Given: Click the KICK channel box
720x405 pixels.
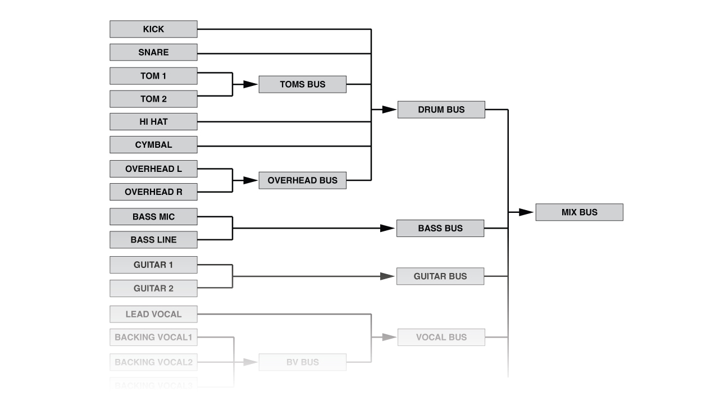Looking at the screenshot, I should [x=153, y=29].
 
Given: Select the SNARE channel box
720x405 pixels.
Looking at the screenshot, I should [x=153, y=52].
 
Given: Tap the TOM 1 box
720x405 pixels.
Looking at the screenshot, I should [x=153, y=76].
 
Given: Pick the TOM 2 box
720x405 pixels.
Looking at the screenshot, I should [x=153, y=99].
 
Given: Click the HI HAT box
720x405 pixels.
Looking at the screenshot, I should [x=153, y=121].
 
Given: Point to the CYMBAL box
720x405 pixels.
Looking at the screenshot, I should [x=153, y=144].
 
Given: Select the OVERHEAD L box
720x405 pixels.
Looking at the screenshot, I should [x=153, y=169].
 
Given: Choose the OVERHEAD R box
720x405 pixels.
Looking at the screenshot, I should [x=153, y=192].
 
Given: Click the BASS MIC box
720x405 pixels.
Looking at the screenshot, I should [x=153, y=216].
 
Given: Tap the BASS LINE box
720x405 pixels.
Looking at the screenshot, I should [x=153, y=239].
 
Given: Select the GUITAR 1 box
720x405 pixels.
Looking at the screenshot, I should [x=153, y=265].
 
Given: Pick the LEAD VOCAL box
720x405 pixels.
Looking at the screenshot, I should [x=153, y=314].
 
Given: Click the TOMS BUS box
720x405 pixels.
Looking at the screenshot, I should [x=302, y=84].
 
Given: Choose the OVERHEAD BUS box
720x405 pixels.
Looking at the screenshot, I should [x=302, y=180].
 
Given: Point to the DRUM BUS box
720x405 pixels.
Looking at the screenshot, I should [x=441, y=110].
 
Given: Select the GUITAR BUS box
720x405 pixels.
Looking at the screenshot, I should [x=440, y=276].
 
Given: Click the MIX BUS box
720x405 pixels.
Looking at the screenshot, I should [x=579, y=212].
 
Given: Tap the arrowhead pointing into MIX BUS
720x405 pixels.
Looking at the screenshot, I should [x=526, y=212].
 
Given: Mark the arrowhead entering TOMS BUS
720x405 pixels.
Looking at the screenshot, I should [x=250, y=84].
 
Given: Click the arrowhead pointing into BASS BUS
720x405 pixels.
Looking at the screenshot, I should [x=388, y=228].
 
